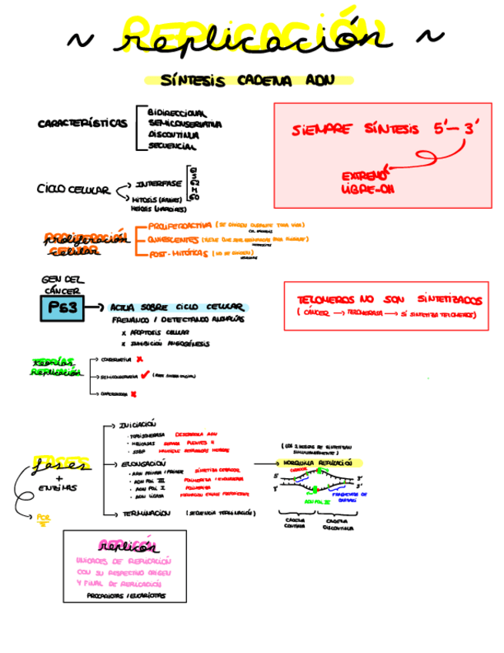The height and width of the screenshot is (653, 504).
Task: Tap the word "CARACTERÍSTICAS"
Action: [82, 122]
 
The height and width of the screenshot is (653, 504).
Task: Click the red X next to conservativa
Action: [139, 359]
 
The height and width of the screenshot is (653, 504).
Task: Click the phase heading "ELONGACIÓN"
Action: [139, 464]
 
